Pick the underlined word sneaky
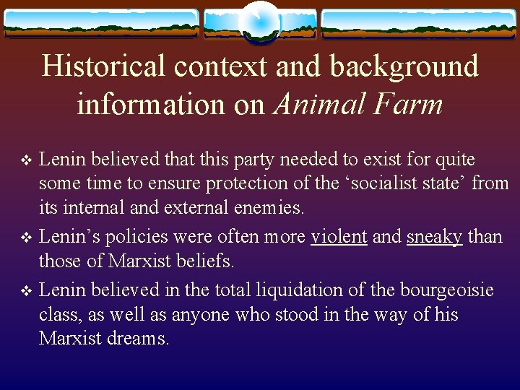click(x=434, y=237)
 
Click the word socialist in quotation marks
click(x=373, y=184)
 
